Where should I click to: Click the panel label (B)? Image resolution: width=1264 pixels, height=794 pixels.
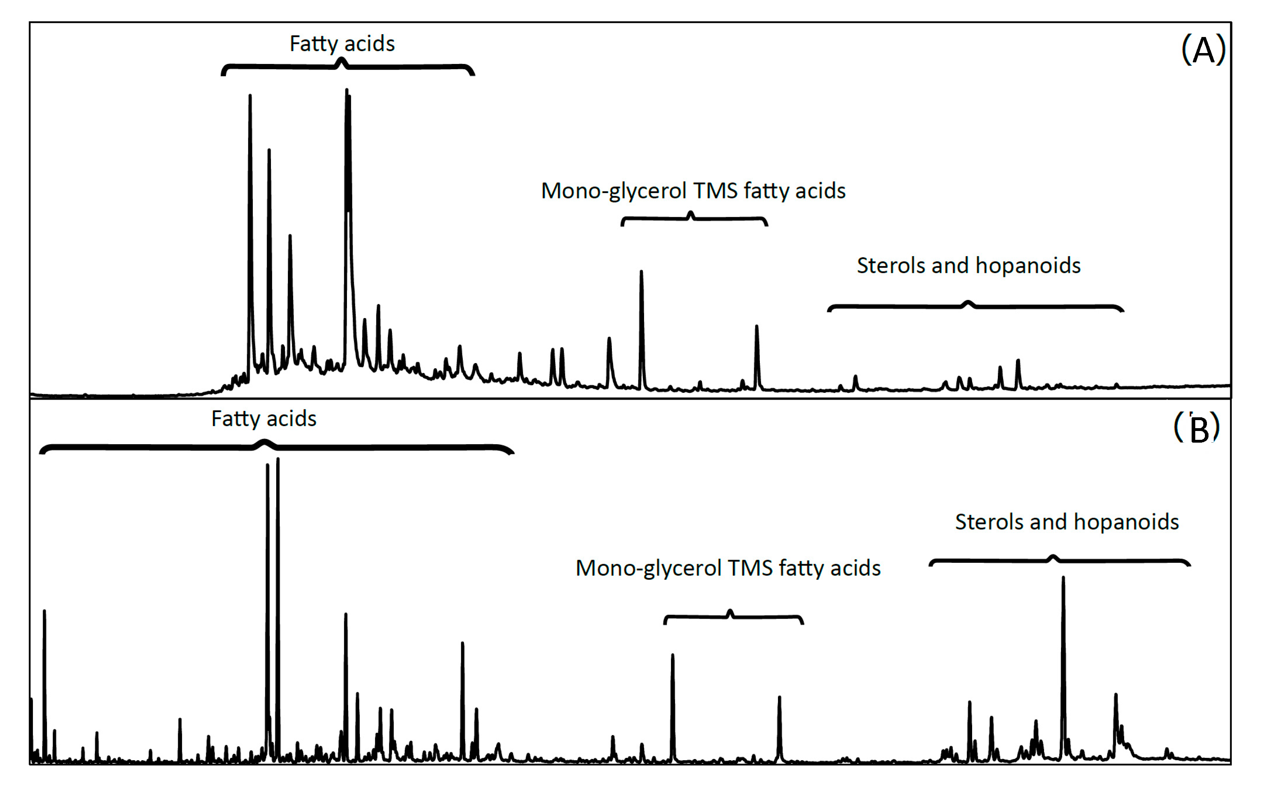1196,428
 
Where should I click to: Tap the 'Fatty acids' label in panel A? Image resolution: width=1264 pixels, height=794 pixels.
342,43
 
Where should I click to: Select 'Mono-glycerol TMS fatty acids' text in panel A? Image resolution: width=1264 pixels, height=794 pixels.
693,191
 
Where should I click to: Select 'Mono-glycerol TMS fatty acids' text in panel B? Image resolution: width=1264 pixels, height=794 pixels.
728,568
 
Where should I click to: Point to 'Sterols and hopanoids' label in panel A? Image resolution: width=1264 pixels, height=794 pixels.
969,266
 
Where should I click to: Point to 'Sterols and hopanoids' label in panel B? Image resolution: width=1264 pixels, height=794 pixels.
1067,522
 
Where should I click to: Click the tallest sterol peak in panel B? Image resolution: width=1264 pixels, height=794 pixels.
1063,583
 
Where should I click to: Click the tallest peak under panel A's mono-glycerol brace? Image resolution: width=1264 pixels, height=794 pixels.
641,275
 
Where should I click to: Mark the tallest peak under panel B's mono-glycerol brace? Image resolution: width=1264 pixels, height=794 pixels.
673,659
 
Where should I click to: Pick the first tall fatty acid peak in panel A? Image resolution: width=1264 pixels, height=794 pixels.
250,100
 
